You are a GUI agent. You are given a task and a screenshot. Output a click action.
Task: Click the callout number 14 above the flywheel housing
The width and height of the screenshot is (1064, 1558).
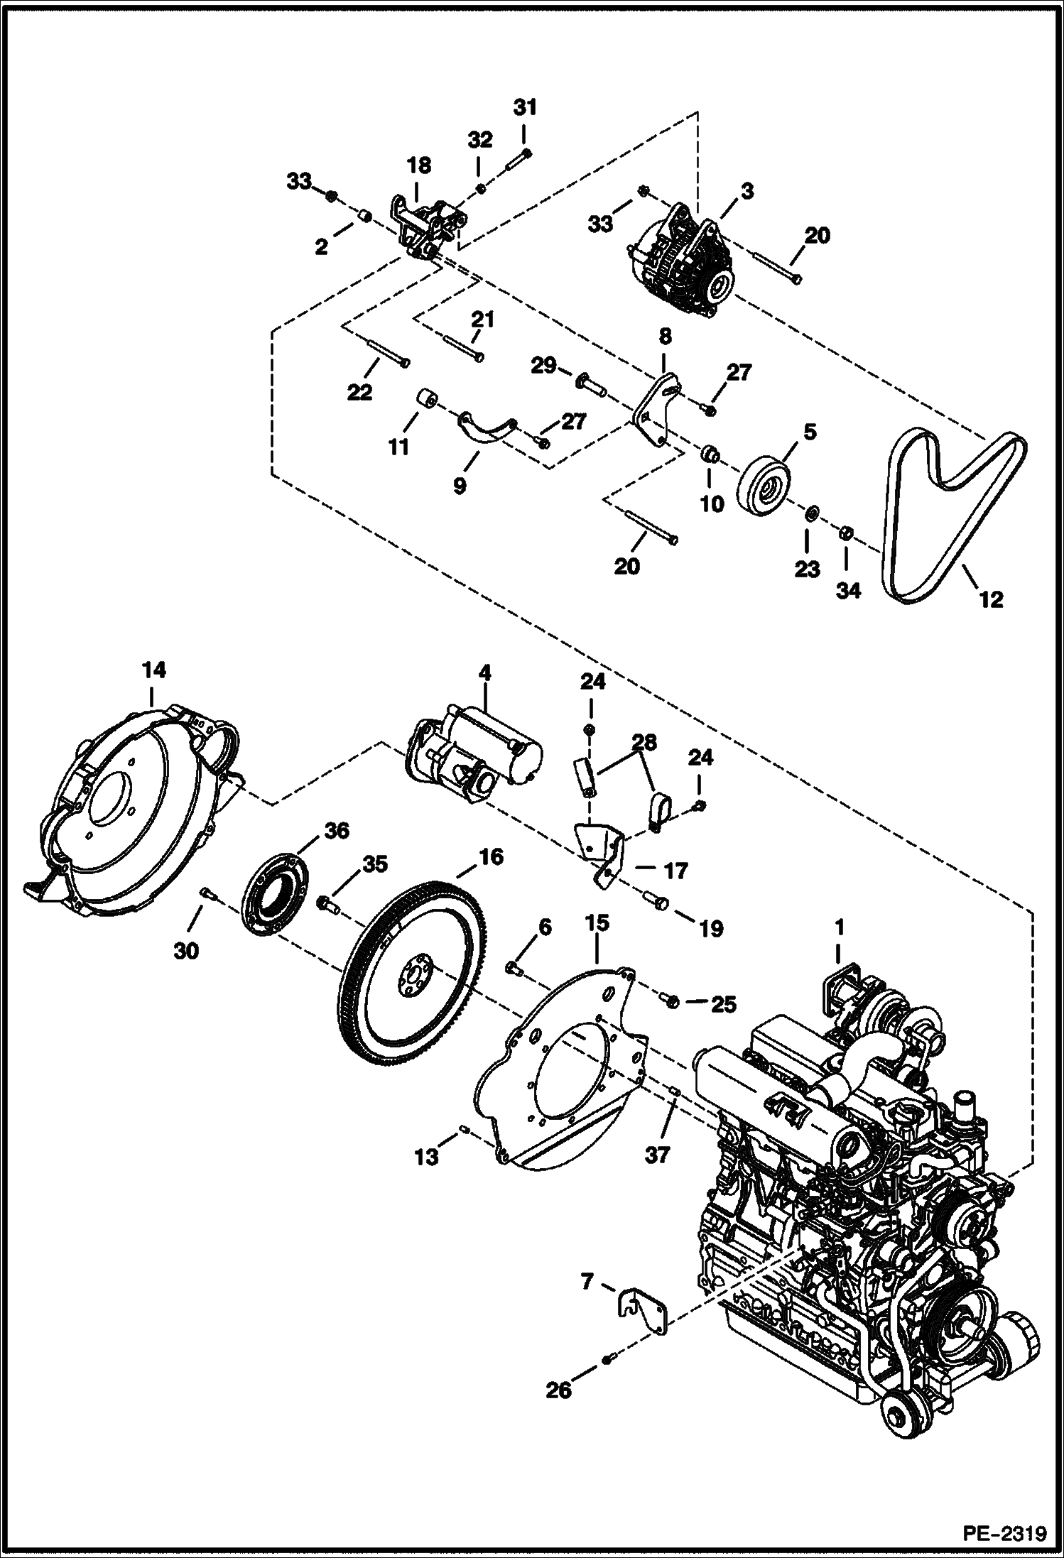point(153,670)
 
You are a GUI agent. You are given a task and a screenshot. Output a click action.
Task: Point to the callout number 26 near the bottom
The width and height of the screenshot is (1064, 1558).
point(558,1390)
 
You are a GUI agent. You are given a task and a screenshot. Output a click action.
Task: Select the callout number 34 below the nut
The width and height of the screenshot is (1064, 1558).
point(848,590)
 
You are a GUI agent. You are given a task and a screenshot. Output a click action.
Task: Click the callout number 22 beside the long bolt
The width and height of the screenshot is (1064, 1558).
point(359,392)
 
